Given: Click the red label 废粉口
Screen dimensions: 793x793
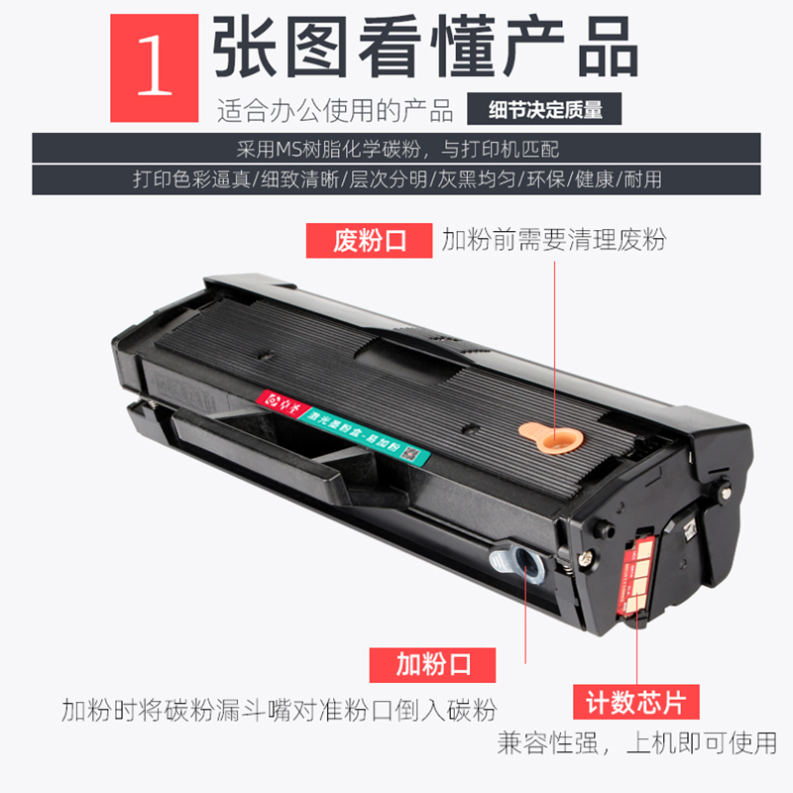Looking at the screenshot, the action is (x=369, y=241).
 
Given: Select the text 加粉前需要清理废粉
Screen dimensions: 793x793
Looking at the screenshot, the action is (x=553, y=241).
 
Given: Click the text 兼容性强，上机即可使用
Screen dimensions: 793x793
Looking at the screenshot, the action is (x=636, y=742).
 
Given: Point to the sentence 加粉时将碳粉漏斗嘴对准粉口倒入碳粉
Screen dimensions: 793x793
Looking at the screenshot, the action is (x=279, y=711).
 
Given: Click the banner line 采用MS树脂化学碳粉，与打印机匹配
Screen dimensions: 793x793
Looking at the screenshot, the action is (x=396, y=150).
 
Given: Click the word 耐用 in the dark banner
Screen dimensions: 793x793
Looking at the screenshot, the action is (x=643, y=180).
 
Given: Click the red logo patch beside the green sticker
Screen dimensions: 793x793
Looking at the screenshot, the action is (x=278, y=401).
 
